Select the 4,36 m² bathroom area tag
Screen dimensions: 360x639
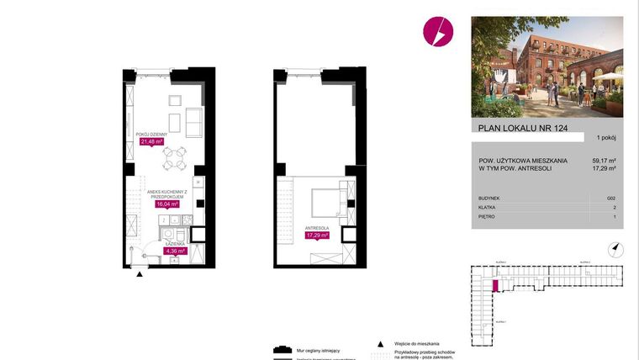174,250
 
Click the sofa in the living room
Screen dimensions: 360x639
193,123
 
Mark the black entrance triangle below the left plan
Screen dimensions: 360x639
140,273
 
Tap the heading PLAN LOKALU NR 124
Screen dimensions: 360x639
513,129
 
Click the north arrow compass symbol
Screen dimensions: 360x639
616,248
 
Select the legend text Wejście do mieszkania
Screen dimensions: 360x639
415,344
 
